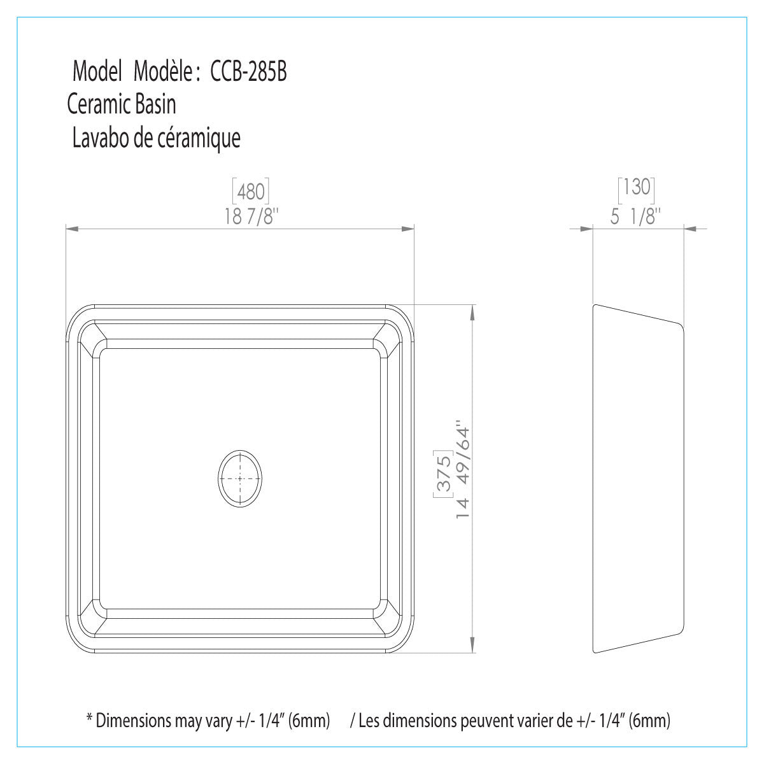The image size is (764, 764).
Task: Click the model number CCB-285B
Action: pos(248,72)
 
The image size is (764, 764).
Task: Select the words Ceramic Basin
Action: pos(122,104)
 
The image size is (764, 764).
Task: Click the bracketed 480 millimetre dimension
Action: pos(251,191)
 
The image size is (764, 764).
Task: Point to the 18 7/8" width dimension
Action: pos(251,216)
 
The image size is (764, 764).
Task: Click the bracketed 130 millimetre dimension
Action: pos(636,187)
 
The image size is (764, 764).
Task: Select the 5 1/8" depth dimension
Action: pos(635,216)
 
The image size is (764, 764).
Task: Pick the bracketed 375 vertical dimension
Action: pos(443,474)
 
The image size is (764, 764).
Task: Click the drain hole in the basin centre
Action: pos(240,479)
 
